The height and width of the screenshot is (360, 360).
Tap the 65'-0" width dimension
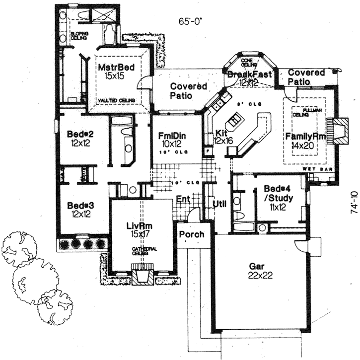pos(191,21)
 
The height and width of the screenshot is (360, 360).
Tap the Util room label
pos(219,204)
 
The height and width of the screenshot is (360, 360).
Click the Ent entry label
pos(182,199)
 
